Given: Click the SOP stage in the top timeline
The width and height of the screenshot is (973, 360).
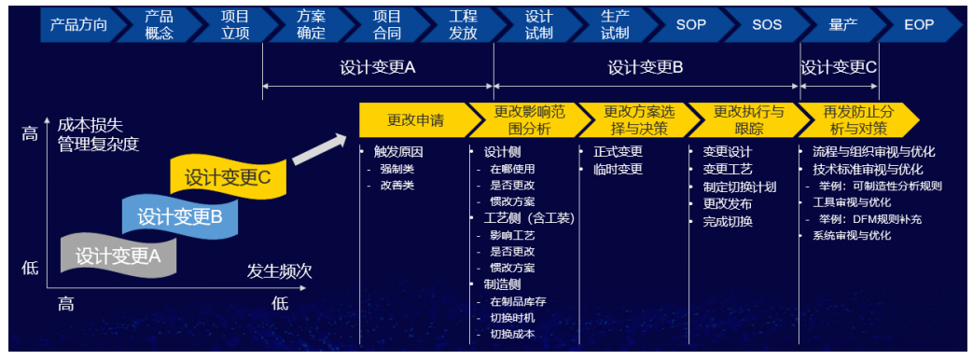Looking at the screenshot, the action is (691, 25).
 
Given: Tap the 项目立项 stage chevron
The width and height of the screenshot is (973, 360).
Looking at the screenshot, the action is (235, 25).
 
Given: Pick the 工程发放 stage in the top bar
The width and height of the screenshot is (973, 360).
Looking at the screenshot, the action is (463, 25).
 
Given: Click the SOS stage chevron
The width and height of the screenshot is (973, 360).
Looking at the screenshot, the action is (767, 25).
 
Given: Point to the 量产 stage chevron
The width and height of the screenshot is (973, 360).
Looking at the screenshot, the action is (843, 25).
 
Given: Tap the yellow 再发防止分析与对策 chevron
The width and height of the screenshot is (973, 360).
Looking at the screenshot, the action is (856, 119).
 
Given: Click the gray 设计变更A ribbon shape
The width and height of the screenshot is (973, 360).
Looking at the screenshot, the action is (118, 255).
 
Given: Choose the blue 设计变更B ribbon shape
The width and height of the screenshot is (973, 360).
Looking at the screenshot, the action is (179, 215).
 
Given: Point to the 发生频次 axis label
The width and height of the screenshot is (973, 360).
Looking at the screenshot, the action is (279, 271).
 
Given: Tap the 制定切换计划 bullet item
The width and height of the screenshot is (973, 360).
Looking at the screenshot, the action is (735, 187).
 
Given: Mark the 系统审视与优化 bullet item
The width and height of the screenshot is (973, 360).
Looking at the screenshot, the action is (846, 236).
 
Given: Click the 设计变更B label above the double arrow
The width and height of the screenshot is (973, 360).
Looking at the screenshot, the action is (646, 67).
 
